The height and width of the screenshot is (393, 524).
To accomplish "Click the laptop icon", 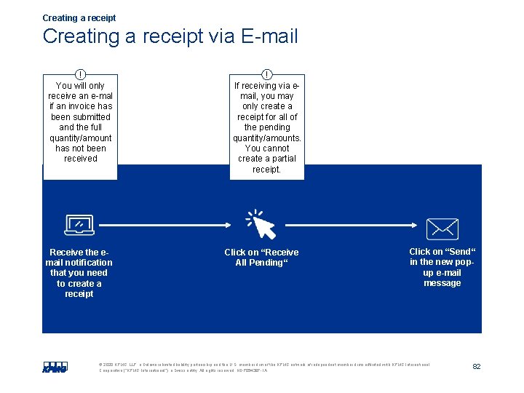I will [x=79, y=225].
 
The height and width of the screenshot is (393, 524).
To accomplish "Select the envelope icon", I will [x=442, y=229].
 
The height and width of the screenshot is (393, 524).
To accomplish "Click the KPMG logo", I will [x=55, y=367].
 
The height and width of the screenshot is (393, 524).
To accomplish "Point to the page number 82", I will [x=477, y=367].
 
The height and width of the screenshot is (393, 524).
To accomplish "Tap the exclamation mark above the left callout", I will [x=80, y=74].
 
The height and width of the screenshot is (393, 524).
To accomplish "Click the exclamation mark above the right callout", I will [x=267, y=74].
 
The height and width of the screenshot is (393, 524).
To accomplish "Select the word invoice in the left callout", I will [x=80, y=106].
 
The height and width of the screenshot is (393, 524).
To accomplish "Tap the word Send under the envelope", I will [x=458, y=252].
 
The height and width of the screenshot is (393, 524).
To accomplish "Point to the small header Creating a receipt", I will [x=79, y=17].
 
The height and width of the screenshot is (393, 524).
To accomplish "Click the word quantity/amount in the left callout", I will [x=80, y=138].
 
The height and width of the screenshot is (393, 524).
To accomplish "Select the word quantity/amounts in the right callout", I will [x=266, y=138].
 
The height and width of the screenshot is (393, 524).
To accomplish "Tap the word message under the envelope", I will [x=442, y=283].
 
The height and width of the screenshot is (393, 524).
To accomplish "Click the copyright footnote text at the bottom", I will [x=262, y=367].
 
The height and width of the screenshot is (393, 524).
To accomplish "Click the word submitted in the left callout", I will [x=80, y=116].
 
